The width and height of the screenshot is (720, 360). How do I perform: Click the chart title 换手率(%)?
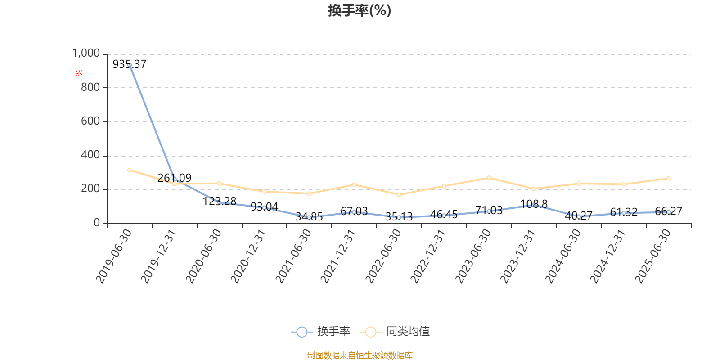(360, 10)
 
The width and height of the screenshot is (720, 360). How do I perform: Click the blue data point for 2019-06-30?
(130, 65)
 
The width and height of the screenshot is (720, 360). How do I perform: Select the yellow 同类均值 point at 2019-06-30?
(130, 170)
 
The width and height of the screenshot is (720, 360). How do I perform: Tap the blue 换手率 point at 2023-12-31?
(534, 205)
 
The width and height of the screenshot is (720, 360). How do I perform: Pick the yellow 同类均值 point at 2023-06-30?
(489, 178)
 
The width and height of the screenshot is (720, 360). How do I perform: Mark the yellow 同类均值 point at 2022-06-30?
(399, 195)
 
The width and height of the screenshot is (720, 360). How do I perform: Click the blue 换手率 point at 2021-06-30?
(309, 217)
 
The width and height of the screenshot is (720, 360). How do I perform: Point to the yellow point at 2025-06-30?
(669, 179)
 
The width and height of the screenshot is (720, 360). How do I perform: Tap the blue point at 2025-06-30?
(669, 212)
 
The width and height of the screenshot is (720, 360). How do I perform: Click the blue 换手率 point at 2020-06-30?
(219, 202)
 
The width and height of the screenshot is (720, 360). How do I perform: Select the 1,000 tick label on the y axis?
(86, 54)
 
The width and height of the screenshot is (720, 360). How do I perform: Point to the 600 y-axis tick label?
(90, 121)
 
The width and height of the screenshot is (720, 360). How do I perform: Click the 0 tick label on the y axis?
(97, 223)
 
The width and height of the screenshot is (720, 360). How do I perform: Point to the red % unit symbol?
(79, 73)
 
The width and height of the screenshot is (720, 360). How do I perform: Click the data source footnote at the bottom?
(360, 355)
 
